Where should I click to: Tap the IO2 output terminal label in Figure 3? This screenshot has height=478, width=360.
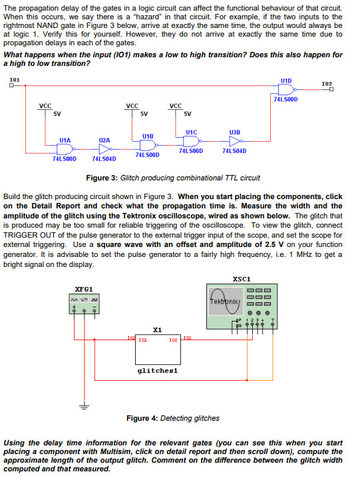327,84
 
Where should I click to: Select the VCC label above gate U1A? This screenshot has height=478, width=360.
45,106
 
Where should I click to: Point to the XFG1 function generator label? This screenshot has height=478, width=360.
83,290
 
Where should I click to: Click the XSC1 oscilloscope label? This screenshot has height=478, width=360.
243,279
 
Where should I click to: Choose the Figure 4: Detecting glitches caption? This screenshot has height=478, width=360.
173,418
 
